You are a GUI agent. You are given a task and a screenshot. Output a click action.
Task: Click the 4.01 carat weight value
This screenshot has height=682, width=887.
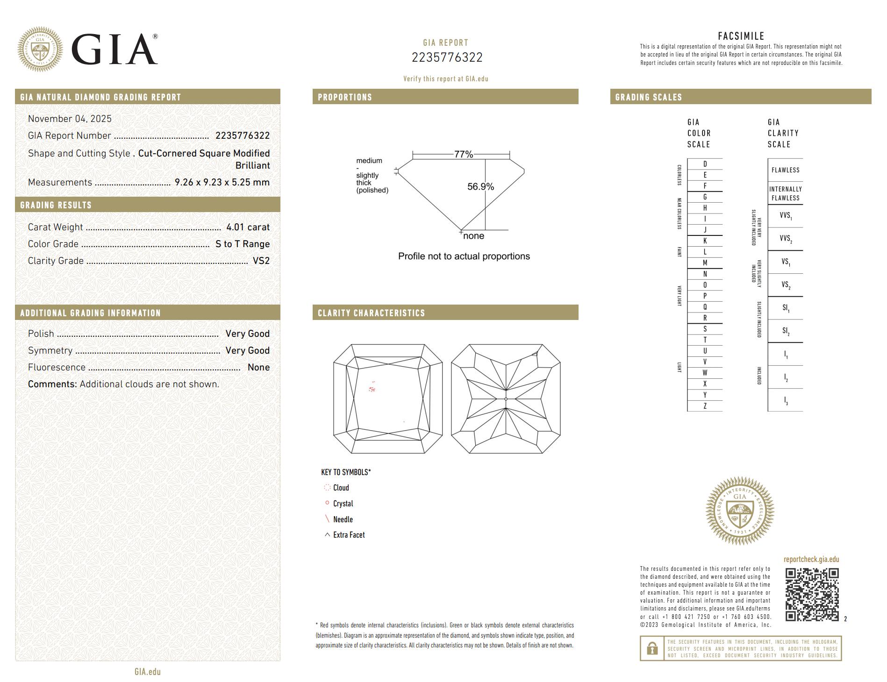click(248, 227)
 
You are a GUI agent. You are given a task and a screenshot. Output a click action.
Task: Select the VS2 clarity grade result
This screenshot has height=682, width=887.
click(261, 261)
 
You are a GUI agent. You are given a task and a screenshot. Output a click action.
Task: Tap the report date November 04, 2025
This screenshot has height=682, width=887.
click(70, 119)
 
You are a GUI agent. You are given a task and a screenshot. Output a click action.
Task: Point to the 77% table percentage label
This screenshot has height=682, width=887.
click(463, 154)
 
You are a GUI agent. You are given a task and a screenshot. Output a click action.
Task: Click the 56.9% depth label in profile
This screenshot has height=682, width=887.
click(480, 186)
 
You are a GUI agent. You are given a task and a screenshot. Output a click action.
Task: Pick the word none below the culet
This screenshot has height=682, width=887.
click(473, 236)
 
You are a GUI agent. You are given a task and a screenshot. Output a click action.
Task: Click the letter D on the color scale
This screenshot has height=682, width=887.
click(705, 164)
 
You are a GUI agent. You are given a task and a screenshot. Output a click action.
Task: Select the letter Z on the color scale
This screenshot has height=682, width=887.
click(705, 406)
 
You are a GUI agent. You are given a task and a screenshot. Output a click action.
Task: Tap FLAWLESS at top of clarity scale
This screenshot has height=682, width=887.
click(785, 170)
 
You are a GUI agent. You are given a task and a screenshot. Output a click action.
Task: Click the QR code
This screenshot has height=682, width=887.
click(812, 594)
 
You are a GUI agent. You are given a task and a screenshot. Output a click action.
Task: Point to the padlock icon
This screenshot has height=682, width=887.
click(652, 648)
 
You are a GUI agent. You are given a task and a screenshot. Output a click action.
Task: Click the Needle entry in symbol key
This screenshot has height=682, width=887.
click(343, 519)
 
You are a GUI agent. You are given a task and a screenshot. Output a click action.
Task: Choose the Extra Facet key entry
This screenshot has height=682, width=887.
click(349, 535)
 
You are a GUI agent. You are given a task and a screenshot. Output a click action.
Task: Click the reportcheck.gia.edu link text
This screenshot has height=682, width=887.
click(811, 559)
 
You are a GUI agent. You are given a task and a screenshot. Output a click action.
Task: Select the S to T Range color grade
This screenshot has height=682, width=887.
click(242, 244)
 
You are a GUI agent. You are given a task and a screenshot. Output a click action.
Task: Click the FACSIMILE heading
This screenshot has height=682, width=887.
click(741, 36)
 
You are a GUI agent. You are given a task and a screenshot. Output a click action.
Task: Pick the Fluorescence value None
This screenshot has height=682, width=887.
click(258, 367)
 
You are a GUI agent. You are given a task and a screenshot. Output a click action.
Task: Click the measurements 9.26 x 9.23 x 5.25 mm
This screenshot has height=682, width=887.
click(222, 182)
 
